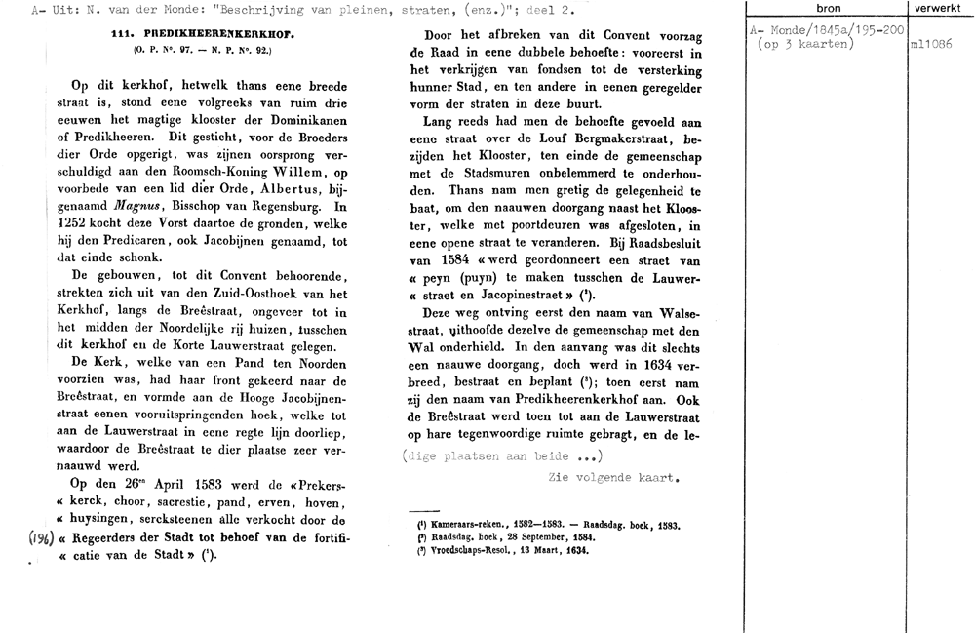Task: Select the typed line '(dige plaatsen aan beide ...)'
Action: (x=503, y=456)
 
